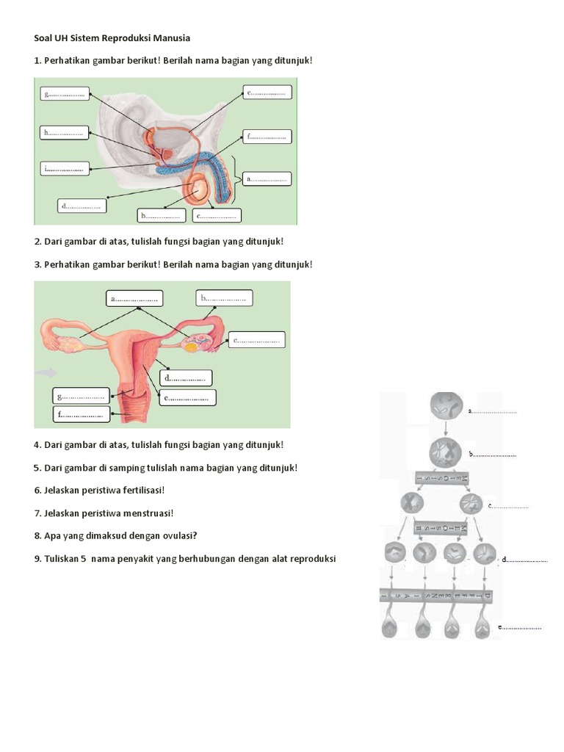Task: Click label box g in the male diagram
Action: coord(65,93)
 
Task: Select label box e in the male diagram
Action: coord(267,92)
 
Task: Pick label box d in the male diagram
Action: coord(82,206)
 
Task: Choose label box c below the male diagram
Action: coord(217,216)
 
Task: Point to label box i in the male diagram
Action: coord(65,169)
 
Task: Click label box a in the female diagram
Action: coord(134,298)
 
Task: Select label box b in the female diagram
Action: coord(225,297)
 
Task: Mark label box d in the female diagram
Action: coord(187,377)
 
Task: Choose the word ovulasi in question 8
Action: coord(176,535)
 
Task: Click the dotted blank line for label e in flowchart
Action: coord(522,628)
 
